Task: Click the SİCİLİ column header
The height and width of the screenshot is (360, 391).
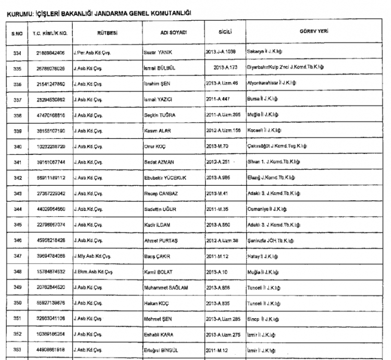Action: point(225,32)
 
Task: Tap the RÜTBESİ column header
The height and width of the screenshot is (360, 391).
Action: point(106,32)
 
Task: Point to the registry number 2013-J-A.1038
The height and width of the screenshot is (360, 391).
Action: point(224,54)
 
